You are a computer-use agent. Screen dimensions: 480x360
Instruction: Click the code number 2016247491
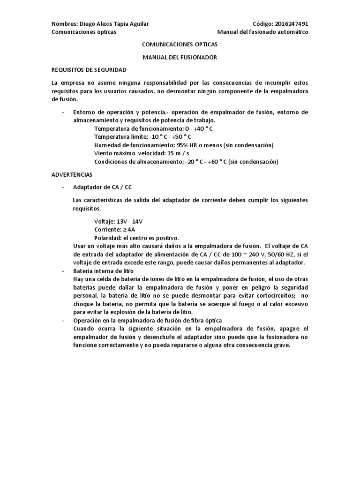292,24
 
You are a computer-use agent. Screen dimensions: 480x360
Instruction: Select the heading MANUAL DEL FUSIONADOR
180,57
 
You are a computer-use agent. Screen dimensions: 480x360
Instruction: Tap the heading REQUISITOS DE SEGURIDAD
89,70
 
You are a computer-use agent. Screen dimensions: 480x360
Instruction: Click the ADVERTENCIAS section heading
72,174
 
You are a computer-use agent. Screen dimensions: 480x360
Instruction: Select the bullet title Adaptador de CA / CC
103,187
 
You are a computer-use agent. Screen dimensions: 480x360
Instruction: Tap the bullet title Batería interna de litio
104,271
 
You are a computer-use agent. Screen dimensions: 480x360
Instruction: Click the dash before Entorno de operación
63,112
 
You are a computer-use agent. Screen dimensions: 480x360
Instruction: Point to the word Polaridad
107,238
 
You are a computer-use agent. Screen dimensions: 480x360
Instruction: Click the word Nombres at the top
64,24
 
